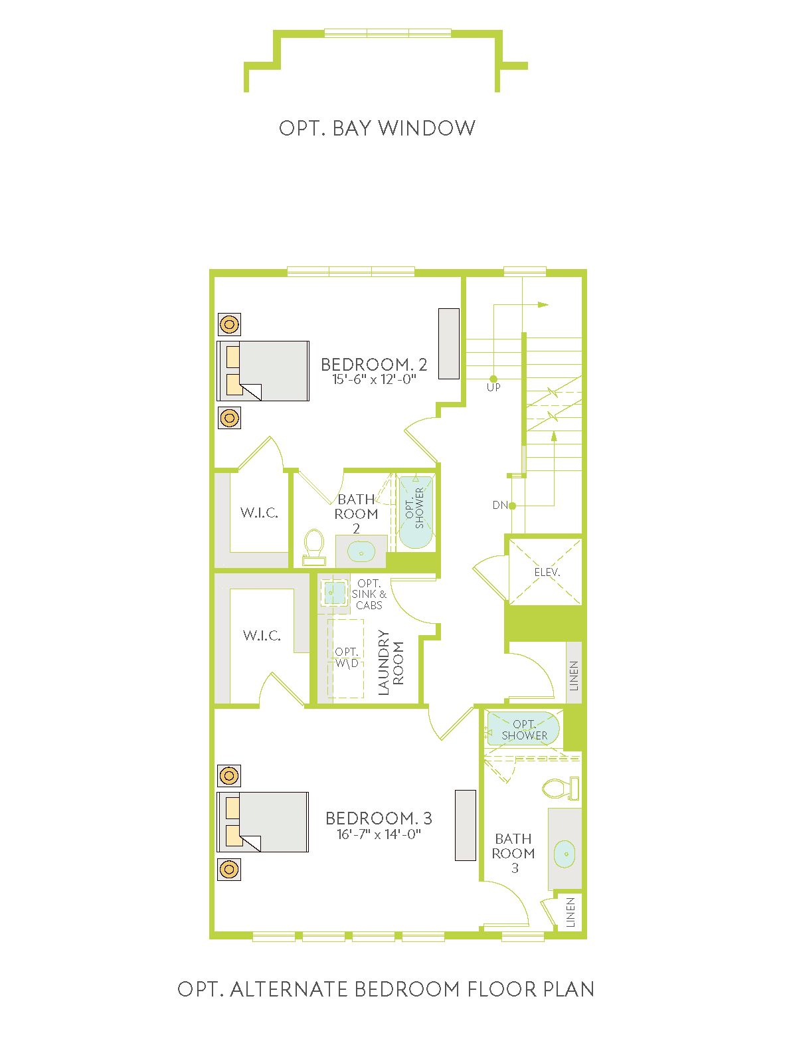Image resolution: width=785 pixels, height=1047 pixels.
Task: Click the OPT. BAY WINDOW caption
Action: (377, 128)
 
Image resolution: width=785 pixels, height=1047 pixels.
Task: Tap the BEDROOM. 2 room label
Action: (374, 365)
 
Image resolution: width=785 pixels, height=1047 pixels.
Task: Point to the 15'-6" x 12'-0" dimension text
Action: (374, 380)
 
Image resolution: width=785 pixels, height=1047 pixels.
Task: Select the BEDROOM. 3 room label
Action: (379, 818)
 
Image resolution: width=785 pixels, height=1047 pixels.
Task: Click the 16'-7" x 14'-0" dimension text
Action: (379, 834)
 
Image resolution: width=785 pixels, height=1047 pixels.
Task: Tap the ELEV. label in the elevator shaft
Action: (547, 572)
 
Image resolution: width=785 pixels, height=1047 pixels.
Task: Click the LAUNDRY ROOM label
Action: (391, 662)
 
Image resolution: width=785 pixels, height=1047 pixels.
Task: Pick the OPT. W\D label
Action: (347, 657)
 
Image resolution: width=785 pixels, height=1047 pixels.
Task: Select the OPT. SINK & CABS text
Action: (369, 595)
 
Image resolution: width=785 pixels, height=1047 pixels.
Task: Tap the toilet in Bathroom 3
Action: (561, 788)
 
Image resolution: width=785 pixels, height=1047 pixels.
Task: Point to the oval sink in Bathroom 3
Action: (565, 854)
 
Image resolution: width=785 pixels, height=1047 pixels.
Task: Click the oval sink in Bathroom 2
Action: (361, 552)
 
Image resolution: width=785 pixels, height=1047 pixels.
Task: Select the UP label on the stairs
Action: (493, 387)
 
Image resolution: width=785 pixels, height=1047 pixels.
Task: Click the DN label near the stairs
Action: (500, 505)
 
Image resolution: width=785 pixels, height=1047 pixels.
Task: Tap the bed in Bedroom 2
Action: (263, 371)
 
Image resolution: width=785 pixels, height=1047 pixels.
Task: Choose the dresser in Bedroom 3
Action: (465, 825)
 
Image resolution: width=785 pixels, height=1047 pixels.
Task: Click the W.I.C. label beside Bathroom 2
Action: (259, 513)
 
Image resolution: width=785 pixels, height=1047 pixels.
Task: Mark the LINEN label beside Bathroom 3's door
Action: (570, 913)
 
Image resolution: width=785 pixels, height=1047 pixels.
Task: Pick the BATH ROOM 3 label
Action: (513, 853)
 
